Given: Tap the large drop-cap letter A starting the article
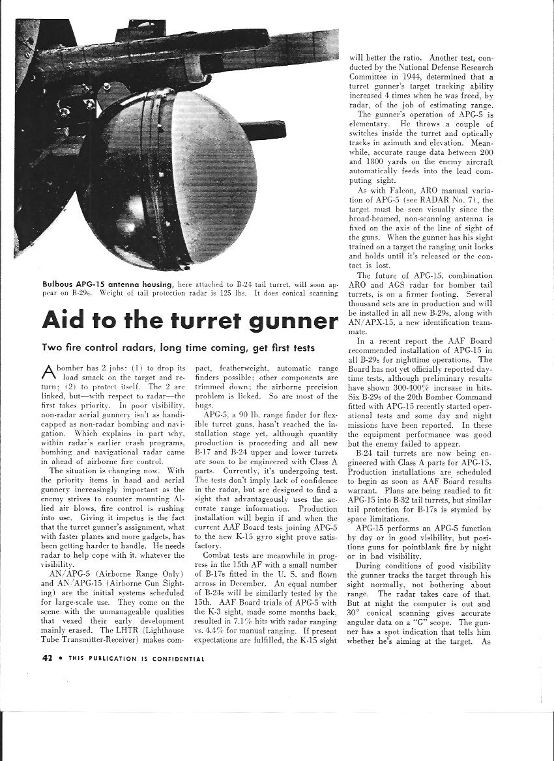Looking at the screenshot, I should (x=49, y=372).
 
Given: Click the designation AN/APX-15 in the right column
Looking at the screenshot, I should (x=371, y=322).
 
